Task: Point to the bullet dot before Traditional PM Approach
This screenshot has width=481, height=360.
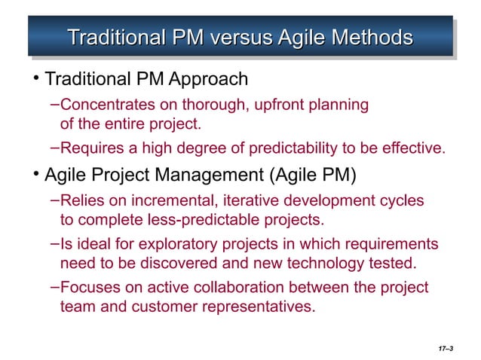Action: [36, 79]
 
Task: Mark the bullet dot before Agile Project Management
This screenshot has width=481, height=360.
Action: [36, 177]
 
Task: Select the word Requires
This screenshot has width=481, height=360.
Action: [90, 145]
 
